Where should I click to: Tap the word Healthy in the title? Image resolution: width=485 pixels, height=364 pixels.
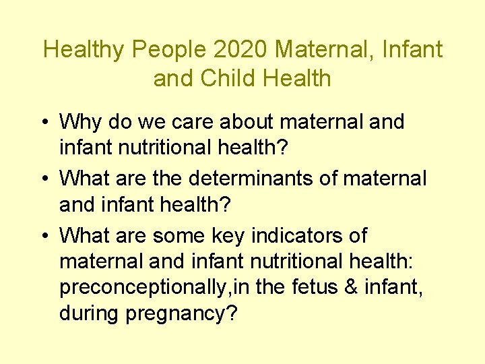click(84, 49)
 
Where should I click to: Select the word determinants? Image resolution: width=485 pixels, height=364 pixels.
click(263, 179)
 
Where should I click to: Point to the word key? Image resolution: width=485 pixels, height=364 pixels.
click(228, 236)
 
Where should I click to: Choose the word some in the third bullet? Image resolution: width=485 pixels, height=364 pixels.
click(180, 236)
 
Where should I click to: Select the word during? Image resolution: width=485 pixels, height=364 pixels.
click(87, 315)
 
